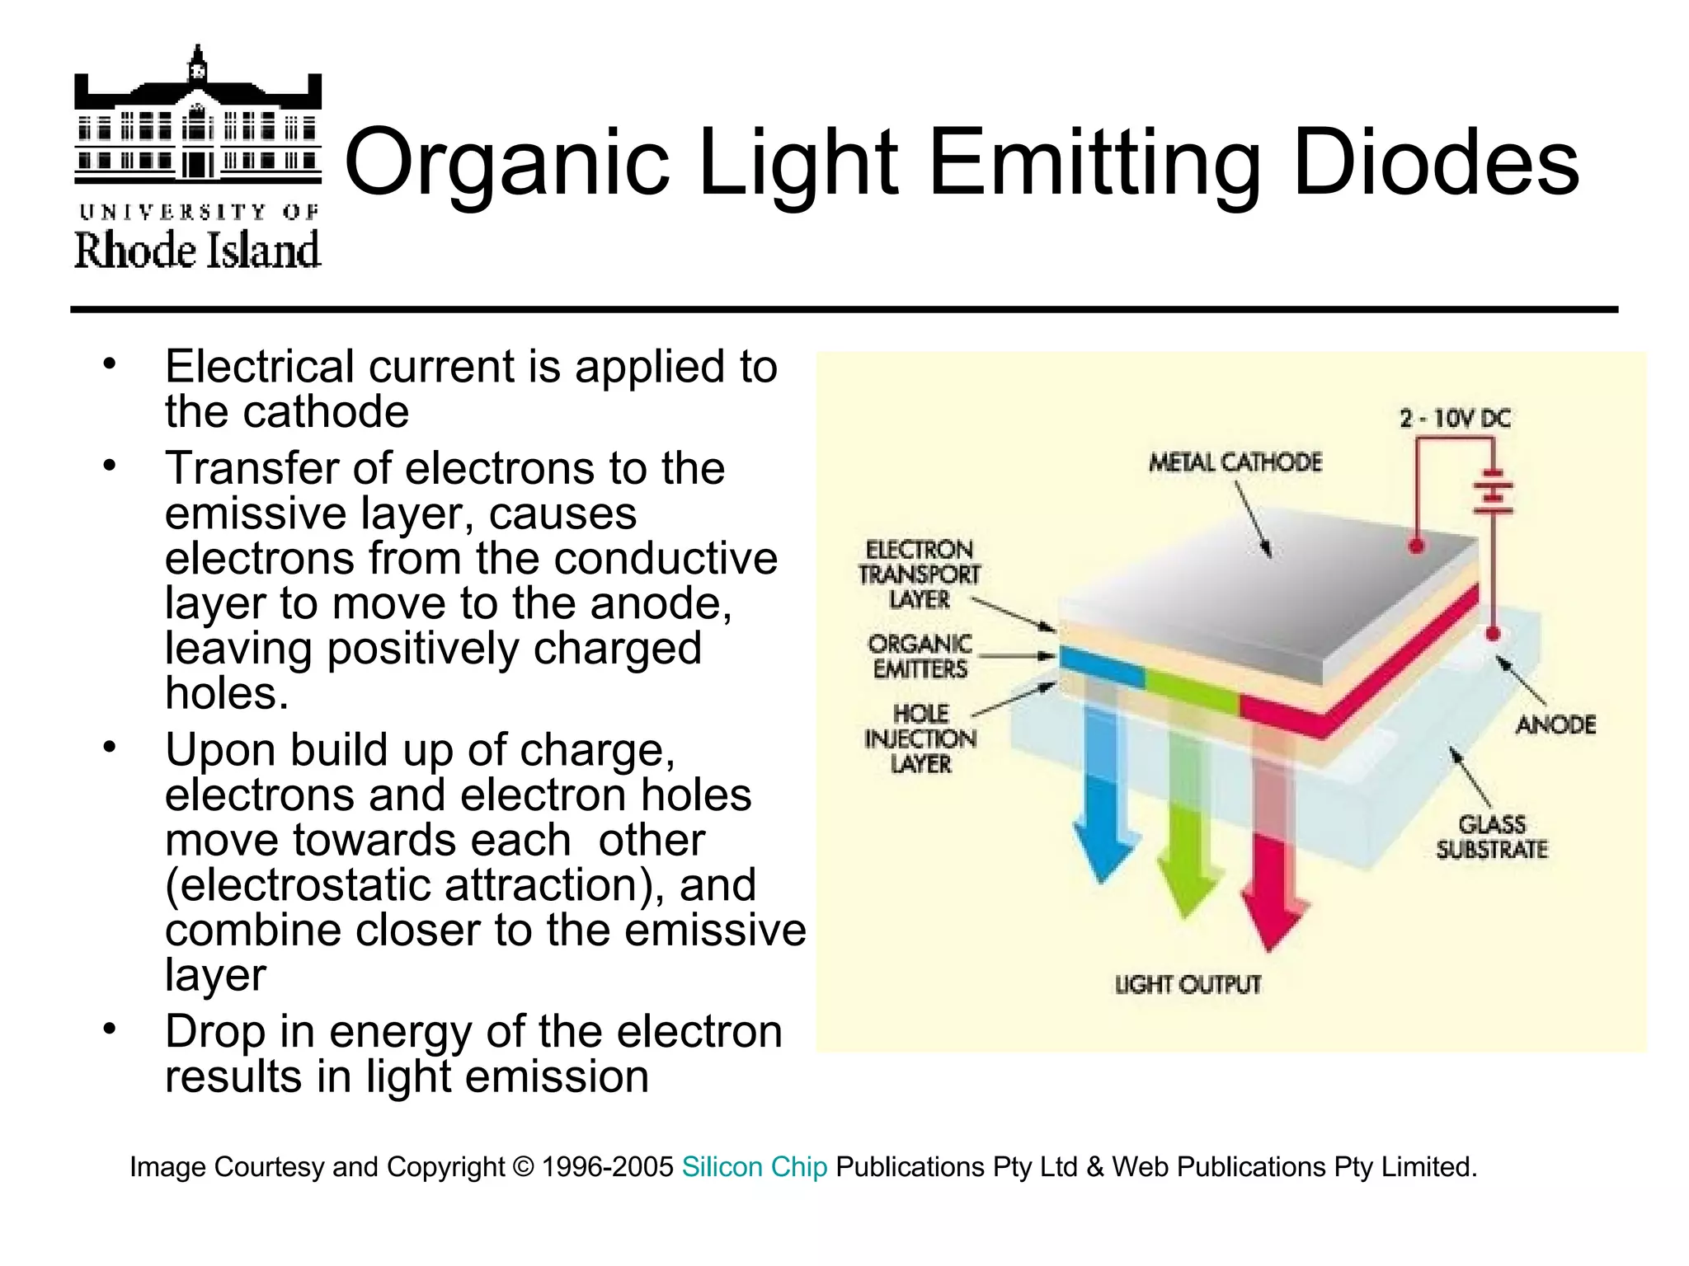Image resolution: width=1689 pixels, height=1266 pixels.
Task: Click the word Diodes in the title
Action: click(x=1436, y=163)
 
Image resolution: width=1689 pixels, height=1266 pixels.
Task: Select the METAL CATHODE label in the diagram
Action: click(x=1235, y=462)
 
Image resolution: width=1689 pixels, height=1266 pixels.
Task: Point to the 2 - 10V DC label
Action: click(x=1455, y=419)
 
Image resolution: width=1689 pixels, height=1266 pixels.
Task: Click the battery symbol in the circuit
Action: click(x=1493, y=493)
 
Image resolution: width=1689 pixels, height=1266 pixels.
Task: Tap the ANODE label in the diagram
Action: click(x=1555, y=725)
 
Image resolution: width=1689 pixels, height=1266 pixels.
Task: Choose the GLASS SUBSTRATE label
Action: click(x=1492, y=837)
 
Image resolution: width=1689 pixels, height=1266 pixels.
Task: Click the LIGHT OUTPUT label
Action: click(x=1188, y=984)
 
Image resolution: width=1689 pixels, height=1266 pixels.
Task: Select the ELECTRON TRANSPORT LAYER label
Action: click(x=920, y=574)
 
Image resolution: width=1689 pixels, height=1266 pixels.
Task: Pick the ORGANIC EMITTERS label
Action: click(x=920, y=656)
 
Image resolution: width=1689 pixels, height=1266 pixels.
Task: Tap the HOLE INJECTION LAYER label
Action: click(x=920, y=738)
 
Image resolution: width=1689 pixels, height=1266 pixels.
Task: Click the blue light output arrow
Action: click(x=1103, y=824)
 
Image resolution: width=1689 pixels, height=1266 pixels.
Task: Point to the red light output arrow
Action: click(x=1272, y=890)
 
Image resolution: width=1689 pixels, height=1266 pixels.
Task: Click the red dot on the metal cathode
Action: click(x=1417, y=546)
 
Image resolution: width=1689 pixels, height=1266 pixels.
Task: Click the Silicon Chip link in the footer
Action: click(x=754, y=1167)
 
